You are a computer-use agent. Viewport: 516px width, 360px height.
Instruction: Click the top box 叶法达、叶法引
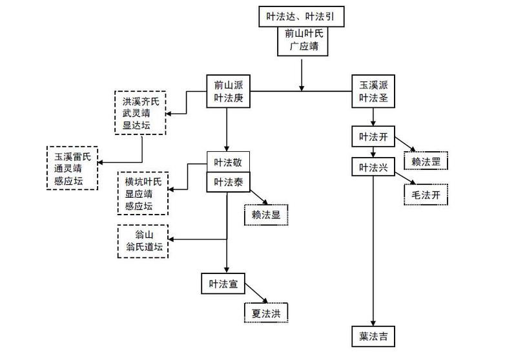pos(301,14)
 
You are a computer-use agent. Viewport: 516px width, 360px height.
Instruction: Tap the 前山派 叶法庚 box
pos(229,91)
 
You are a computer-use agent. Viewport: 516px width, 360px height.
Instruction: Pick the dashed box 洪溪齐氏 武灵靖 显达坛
pos(139,113)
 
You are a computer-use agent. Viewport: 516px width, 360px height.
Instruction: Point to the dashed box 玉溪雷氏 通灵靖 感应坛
pos(72,167)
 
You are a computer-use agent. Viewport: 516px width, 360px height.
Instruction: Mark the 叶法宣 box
pos(223,284)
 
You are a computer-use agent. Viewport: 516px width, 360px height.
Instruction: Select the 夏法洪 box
pos(266,312)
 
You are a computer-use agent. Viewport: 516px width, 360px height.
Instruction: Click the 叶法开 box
pos(373,137)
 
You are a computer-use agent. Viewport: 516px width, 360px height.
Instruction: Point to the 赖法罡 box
pos(426,162)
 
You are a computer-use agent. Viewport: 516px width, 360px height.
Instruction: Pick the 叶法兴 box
pos(373,167)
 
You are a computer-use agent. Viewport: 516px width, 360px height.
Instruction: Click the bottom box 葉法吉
pos(373,337)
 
